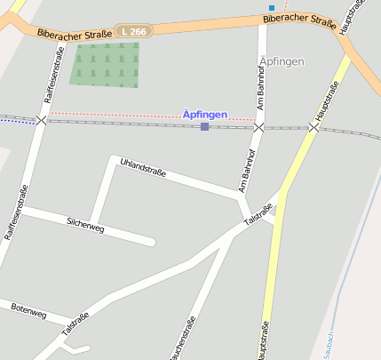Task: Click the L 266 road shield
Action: click(x=134, y=31)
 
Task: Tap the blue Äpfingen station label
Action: click(x=204, y=114)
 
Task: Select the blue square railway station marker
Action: click(x=204, y=127)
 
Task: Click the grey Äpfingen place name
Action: click(x=282, y=61)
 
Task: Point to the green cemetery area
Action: click(x=105, y=65)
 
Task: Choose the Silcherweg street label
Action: click(x=85, y=224)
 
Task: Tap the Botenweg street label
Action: click(x=28, y=311)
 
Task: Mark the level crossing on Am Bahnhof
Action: click(x=258, y=128)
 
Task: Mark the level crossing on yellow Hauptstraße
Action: click(x=314, y=128)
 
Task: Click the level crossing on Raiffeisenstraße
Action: click(x=41, y=120)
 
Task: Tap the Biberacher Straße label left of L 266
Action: click(x=75, y=34)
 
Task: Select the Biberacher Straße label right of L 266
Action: click(x=298, y=17)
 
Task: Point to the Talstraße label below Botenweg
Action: click(x=75, y=324)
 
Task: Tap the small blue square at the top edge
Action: click(x=272, y=8)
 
